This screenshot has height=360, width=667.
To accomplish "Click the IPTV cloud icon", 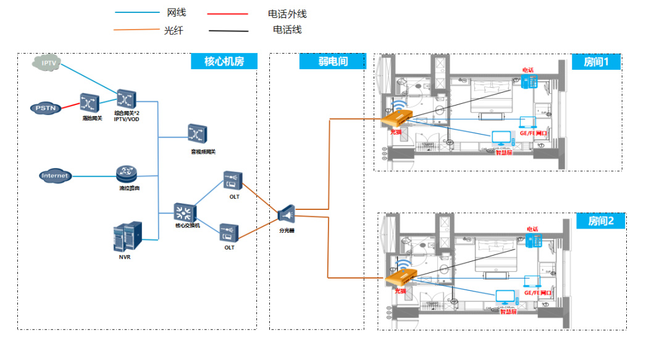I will click(x=48, y=63).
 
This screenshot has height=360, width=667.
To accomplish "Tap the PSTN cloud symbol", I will click(x=46, y=108).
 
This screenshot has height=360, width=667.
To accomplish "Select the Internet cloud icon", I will click(x=55, y=176).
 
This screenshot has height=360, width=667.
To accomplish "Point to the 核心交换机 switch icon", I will click(x=184, y=214).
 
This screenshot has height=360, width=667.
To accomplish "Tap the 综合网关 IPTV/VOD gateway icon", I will click(x=126, y=99).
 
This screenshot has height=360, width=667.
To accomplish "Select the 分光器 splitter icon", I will click(x=287, y=214).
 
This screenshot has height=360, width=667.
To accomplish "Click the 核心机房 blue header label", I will click(x=224, y=61).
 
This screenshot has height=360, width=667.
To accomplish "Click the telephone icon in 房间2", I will click(x=532, y=241).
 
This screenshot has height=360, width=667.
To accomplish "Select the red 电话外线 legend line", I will click(x=227, y=14).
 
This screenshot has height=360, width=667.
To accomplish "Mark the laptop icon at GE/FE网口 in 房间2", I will click(x=531, y=282).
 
